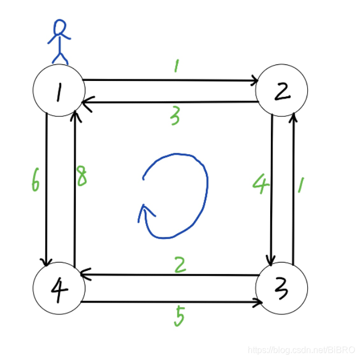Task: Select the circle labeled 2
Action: click(282, 91)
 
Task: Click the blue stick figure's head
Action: click(59, 26)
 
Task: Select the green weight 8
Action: click(82, 177)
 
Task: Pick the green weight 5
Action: click(179, 315)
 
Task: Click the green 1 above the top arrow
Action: click(176, 67)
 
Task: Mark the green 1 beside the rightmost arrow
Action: click(301, 186)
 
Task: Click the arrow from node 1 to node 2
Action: click(171, 81)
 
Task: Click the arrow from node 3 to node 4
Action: click(171, 275)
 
